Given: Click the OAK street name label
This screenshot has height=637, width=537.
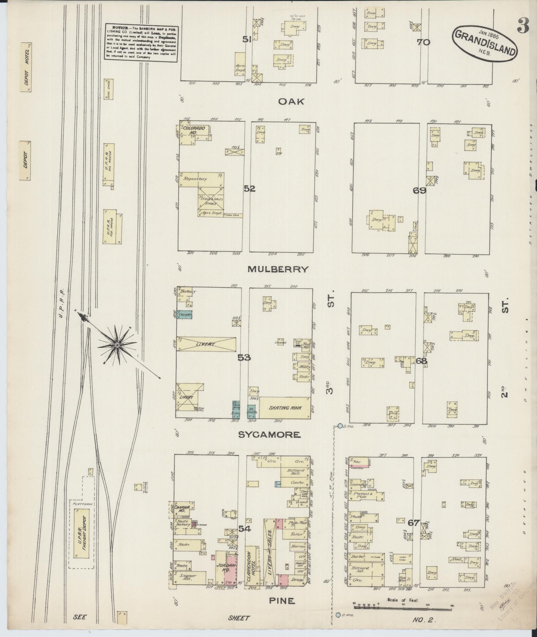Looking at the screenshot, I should click(291, 102).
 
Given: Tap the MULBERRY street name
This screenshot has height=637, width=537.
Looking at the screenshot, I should click(278, 269).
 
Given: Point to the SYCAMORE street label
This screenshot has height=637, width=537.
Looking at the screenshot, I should click(270, 435).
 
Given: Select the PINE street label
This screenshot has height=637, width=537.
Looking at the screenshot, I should click(282, 601).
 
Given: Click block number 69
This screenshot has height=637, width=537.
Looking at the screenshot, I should click(419, 191).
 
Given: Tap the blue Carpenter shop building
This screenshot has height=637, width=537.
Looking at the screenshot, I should click(184, 314).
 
